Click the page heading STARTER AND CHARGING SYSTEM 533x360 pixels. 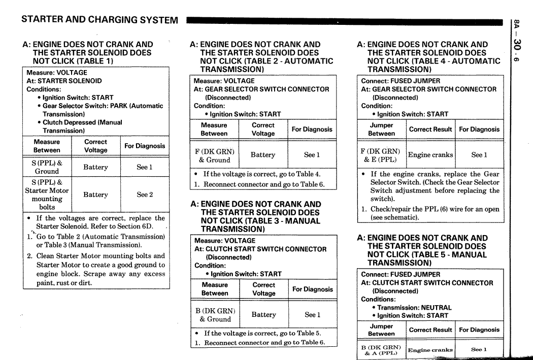pyautogui.click(x=99, y=20)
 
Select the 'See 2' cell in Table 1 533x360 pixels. pyautogui.click(x=144, y=194)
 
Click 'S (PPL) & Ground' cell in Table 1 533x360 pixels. pyautogui.click(x=47, y=167)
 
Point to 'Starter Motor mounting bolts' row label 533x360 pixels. pyautogui.click(x=47, y=194)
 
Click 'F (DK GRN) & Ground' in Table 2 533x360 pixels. pyautogui.click(x=215, y=155)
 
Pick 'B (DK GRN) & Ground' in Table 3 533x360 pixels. pyautogui.click(x=215, y=315)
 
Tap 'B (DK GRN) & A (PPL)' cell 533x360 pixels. pyautogui.click(x=381, y=350)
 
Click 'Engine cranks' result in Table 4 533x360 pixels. pyautogui.click(x=430, y=155)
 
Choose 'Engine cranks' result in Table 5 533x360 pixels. pyautogui.click(x=430, y=350)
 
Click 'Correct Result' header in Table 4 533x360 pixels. pyautogui.click(x=430, y=129)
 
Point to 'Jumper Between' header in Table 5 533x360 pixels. pyautogui.click(x=381, y=330)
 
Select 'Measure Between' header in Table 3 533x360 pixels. pyautogui.click(x=215, y=289)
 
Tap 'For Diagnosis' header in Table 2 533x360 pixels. pyautogui.click(x=312, y=129)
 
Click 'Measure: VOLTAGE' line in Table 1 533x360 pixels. pyautogui.click(x=57, y=73)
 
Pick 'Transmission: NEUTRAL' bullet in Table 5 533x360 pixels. pyautogui.click(x=414, y=307)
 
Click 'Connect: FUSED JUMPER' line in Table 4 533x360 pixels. pyautogui.click(x=401, y=81)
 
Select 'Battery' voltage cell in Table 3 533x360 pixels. pyautogui.click(x=263, y=315)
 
